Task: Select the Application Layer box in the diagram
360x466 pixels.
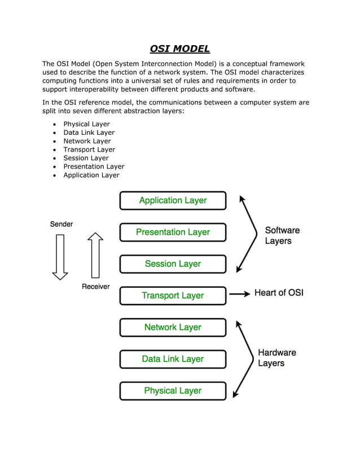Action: point(173,200)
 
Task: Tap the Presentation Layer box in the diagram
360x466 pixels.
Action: point(173,232)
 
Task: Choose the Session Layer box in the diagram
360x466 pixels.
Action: point(173,263)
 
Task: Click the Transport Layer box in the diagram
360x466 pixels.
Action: point(173,296)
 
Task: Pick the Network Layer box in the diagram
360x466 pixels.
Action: point(173,327)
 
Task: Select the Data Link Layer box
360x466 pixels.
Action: point(173,359)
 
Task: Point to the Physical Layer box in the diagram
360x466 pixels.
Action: point(173,390)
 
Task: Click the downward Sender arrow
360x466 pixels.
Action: point(60,257)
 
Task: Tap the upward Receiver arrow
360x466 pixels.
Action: point(95,255)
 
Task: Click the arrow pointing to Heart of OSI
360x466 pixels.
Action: point(240,293)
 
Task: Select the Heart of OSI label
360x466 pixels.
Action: point(279,293)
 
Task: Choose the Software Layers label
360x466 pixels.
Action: point(282,235)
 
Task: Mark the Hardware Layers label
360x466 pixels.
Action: point(276,358)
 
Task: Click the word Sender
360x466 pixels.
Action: point(62,224)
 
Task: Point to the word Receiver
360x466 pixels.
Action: point(96,287)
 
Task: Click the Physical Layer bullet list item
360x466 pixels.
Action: point(86,124)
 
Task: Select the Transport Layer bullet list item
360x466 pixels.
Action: point(89,150)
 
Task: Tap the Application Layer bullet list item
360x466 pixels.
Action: point(91,175)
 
